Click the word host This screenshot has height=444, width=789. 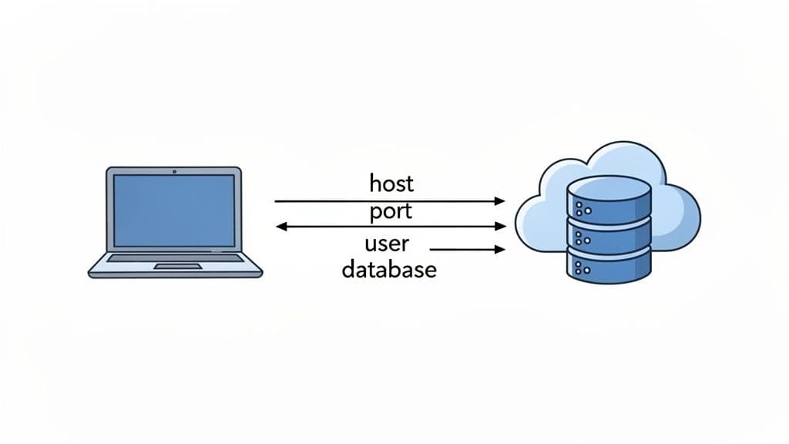pos(391,183)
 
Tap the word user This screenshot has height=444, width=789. pos(387,245)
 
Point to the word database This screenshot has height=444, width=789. pos(389,269)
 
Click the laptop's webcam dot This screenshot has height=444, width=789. pos(174,171)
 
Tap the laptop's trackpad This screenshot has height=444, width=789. pos(178,267)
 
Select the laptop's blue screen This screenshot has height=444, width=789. pos(174,210)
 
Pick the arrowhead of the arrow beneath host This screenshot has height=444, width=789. pos(499,201)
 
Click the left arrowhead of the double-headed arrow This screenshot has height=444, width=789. pos(282,227)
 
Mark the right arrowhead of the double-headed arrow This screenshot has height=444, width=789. pos(500,227)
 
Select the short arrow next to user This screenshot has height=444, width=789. pos(466,249)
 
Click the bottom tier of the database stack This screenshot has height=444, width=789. pos(616,268)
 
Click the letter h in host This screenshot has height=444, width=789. pos(375,183)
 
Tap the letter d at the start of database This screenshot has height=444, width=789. pos(348,269)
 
